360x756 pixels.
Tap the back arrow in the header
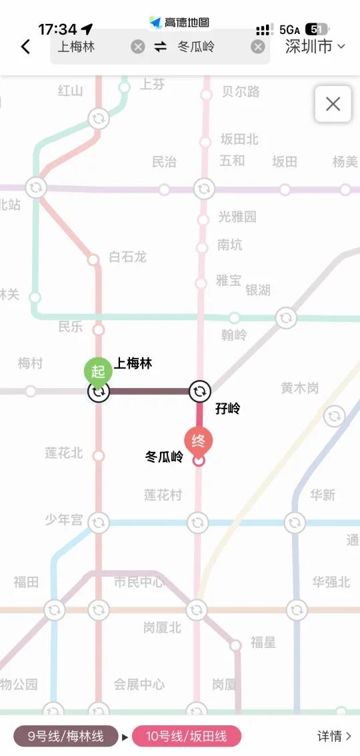tap(25, 47)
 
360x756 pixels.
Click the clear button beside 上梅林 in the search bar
tap(138, 47)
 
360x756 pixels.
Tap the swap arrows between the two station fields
tap(160, 47)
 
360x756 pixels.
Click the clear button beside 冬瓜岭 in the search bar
tap(258, 47)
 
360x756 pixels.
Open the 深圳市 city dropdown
tap(315, 47)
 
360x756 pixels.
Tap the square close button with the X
tap(333, 104)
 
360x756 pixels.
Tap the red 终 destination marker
tap(199, 441)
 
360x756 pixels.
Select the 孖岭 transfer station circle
tap(199, 391)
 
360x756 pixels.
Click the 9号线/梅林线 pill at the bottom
tap(65, 736)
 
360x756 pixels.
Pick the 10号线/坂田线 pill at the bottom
tap(187, 736)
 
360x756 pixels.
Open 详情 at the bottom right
tap(334, 736)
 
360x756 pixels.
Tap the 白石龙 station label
tap(127, 257)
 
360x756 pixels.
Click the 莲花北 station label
tap(64, 453)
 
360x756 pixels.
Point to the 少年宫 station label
tap(64, 520)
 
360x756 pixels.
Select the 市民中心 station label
tap(138, 582)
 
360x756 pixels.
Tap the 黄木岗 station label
tap(299, 388)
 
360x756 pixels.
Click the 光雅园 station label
tap(237, 217)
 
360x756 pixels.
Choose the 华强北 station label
tap(331, 582)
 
